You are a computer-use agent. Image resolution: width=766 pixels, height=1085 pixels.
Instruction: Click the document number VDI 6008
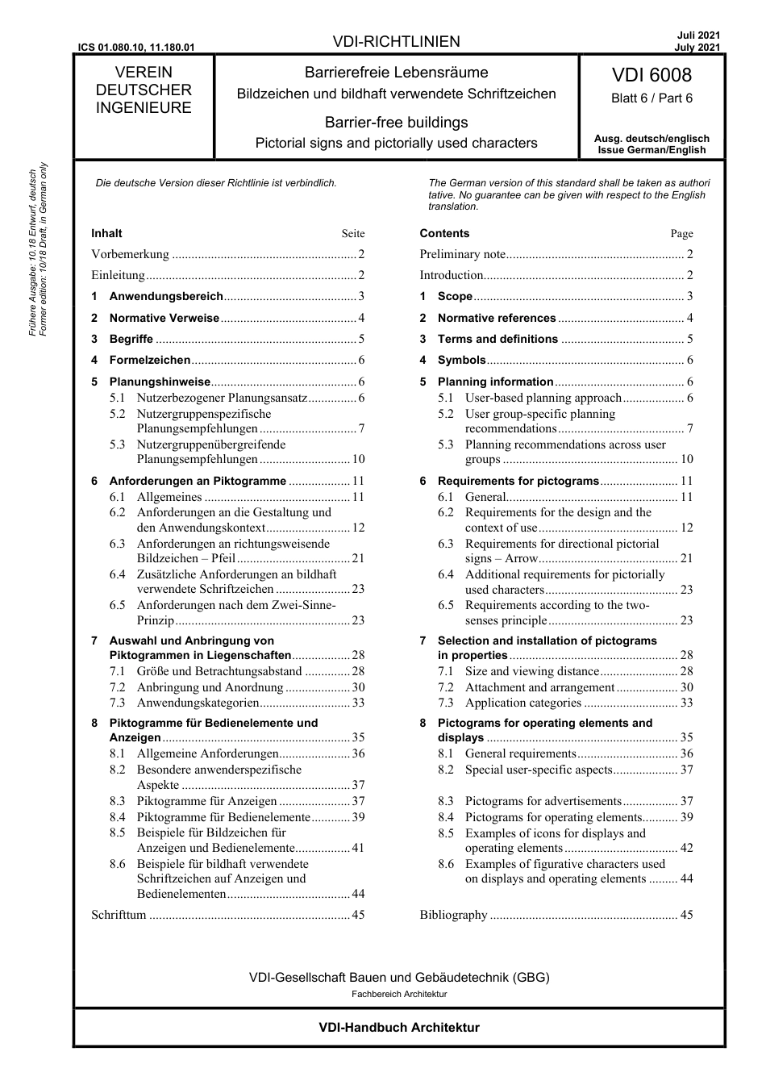(x=652, y=75)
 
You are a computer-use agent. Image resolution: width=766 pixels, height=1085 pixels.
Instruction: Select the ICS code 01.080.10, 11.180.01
(x=136, y=47)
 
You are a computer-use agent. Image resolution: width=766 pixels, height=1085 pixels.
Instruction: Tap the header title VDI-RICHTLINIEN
(x=396, y=42)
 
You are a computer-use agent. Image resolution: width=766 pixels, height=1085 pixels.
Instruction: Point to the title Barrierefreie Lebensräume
(x=396, y=73)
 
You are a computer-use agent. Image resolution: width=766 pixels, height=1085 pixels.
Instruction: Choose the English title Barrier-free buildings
(x=396, y=123)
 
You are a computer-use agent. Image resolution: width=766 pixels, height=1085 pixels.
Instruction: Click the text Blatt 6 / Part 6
(x=652, y=98)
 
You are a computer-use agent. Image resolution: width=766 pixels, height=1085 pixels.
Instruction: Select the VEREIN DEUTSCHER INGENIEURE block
(x=144, y=90)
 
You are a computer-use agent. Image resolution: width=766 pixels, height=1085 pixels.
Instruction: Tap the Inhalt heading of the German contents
(x=106, y=233)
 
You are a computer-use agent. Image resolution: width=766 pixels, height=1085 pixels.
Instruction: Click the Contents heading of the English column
(x=444, y=233)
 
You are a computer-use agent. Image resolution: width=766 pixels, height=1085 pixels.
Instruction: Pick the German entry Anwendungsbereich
(x=166, y=296)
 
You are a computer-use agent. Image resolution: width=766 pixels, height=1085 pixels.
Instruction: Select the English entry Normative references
(x=497, y=318)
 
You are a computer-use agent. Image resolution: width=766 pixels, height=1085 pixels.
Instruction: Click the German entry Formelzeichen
(x=150, y=360)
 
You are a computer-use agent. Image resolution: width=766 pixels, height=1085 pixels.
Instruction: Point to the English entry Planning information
(x=495, y=382)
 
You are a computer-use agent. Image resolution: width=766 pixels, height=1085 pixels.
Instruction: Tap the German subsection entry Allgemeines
(x=169, y=497)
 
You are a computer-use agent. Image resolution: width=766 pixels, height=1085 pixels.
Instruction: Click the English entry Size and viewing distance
(x=532, y=671)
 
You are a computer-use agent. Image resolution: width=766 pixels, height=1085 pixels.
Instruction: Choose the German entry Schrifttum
(x=119, y=915)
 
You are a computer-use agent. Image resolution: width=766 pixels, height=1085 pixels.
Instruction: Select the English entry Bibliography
(x=453, y=915)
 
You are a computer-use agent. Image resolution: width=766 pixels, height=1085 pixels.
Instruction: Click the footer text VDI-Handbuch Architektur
(x=399, y=1028)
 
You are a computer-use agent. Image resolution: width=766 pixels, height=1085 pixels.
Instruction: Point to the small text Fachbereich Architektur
(x=399, y=994)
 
